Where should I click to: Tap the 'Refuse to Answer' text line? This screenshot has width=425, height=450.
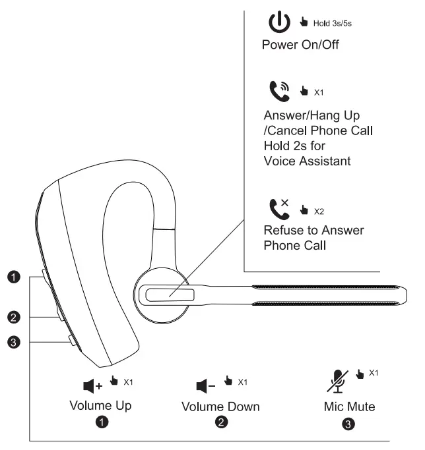tap(313, 231)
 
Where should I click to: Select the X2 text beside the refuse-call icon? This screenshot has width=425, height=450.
tap(319, 211)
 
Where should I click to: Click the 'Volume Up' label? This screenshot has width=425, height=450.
tap(100, 405)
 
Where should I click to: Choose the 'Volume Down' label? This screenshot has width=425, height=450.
tap(220, 407)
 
